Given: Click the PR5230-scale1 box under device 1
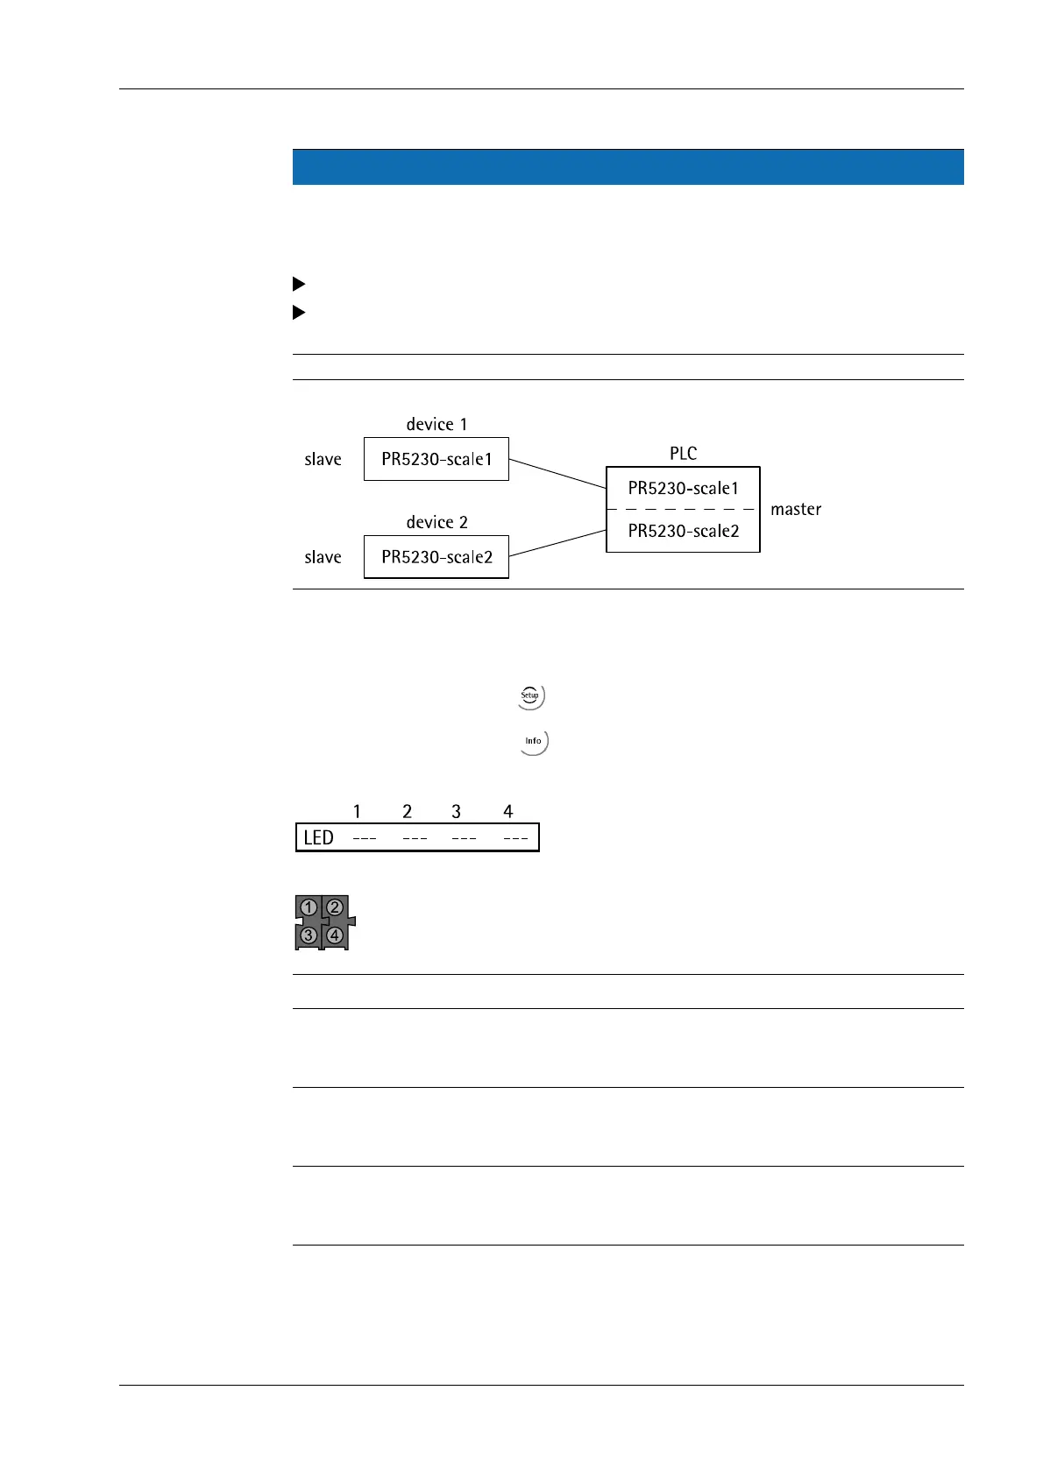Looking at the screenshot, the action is tap(436, 459).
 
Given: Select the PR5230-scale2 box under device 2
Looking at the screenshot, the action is tap(436, 557).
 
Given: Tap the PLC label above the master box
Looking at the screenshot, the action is tap(683, 453).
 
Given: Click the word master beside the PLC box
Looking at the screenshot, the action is tap(796, 509).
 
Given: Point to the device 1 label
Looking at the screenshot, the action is tap(436, 424).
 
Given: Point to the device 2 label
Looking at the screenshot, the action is tap(436, 522).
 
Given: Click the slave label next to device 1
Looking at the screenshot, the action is tap(323, 459).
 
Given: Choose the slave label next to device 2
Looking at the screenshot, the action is tap(323, 557).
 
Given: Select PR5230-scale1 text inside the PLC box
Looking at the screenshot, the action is tap(683, 488).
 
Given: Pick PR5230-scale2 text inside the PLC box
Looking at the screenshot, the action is tap(683, 531).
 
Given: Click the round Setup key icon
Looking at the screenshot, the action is tap(530, 696).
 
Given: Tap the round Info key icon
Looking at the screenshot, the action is tap(533, 741).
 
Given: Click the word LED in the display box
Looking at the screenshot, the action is tap(318, 838).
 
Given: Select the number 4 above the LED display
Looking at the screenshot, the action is tap(507, 811).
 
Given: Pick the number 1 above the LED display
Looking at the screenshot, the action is tap(357, 811).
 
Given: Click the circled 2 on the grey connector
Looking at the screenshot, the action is tap(335, 907).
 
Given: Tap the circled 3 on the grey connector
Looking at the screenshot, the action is tap(309, 935).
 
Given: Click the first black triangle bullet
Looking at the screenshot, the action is tap(298, 284).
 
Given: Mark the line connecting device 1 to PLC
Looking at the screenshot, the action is tap(557, 474).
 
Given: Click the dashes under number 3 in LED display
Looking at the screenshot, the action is tap(464, 839).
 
